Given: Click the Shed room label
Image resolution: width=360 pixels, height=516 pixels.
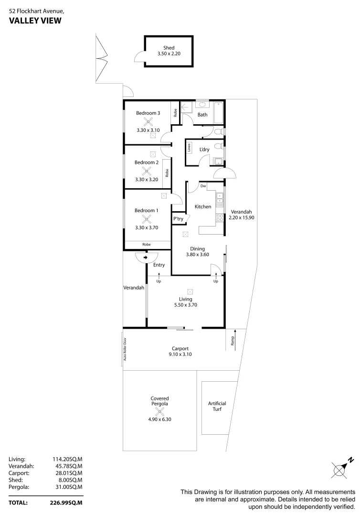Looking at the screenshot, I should point(169,48).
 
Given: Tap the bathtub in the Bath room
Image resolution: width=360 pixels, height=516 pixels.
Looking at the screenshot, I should point(218,114).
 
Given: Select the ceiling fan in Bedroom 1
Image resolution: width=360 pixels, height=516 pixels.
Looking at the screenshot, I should point(146,219).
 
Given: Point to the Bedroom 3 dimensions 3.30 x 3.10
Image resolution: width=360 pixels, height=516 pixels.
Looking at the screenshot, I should point(148,130).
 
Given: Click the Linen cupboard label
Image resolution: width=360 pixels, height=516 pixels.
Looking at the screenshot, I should point(190,148).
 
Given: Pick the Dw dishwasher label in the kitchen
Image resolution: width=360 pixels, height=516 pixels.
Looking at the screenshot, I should point(203,186).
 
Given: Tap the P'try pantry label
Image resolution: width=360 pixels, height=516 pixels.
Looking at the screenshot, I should point(179,219).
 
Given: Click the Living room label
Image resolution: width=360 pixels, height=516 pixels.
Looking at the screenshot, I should point(186,299).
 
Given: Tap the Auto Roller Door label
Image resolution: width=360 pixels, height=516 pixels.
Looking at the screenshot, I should point(126,349).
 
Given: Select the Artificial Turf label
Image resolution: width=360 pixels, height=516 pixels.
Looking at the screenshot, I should point(217,406).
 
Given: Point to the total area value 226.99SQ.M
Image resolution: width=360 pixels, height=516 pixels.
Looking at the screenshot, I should point(66,503).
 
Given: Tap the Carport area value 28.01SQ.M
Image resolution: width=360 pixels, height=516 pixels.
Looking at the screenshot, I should point(67,473).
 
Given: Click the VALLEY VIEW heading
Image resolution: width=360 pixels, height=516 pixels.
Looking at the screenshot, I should point(35,20).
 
